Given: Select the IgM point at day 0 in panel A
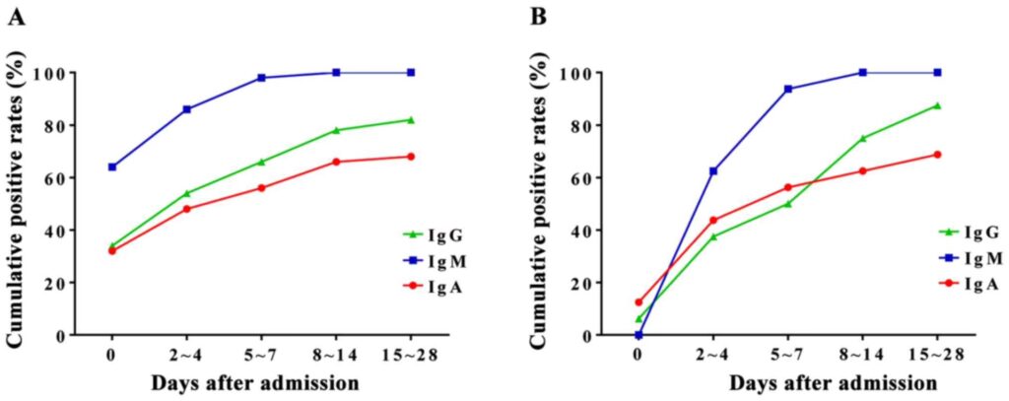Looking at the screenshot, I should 111,167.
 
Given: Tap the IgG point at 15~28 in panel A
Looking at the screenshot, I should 411,120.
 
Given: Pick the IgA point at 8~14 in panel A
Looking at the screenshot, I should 336,162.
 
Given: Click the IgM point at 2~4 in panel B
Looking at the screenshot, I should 712,171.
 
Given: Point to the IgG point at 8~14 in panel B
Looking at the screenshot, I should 862,138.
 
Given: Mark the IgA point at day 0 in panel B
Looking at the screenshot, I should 638,302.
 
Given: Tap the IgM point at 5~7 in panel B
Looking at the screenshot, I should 787,89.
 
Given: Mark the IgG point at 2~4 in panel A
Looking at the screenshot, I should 186,193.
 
